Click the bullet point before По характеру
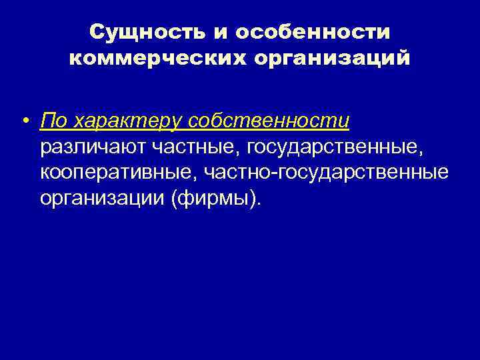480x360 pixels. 24,123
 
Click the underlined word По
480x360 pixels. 54,121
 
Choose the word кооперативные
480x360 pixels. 115,173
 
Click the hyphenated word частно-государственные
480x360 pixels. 325,173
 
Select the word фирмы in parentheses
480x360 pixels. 213,198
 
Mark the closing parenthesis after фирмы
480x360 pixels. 251,198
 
